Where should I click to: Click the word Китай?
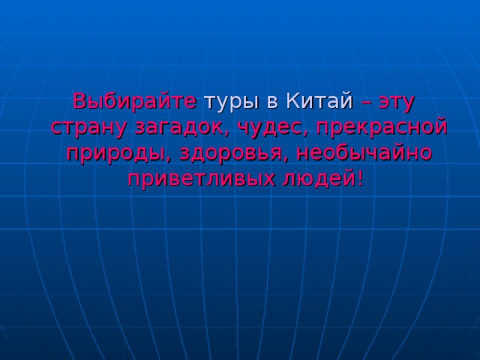click(319, 100)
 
